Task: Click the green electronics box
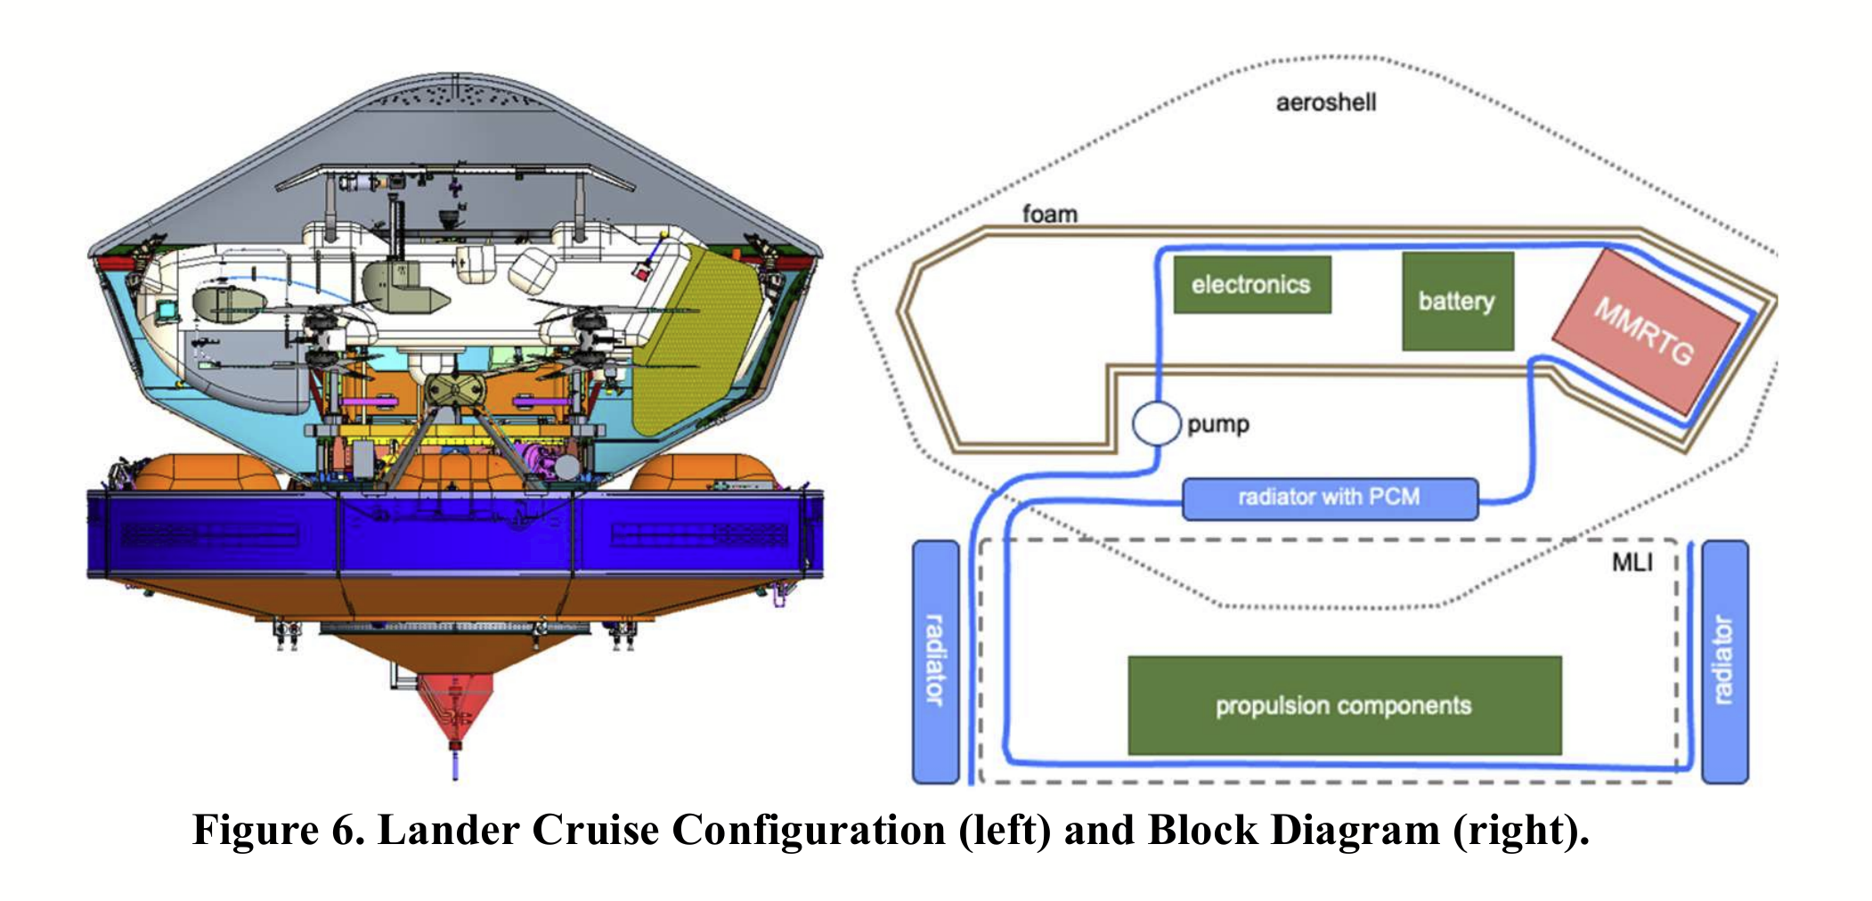click(x=1251, y=285)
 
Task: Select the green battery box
click(x=1457, y=301)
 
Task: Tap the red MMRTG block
click(x=1645, y=331)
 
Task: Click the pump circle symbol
click(x=1156, y=424)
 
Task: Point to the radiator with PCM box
click(x=1330, y=499)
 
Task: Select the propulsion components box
click(x=1344, y=705)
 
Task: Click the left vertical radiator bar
click(x=936, y=662)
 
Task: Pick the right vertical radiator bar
click(x=1724, y=662)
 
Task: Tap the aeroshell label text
click(x=1326, y=102)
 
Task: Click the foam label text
click(x=1049, y=214)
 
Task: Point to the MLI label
click(x=1632, y=562)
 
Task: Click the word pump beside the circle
click(x=1217, y=425)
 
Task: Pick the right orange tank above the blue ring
click(x=704, y=473)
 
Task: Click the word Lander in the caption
click(x=450, y=830)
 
